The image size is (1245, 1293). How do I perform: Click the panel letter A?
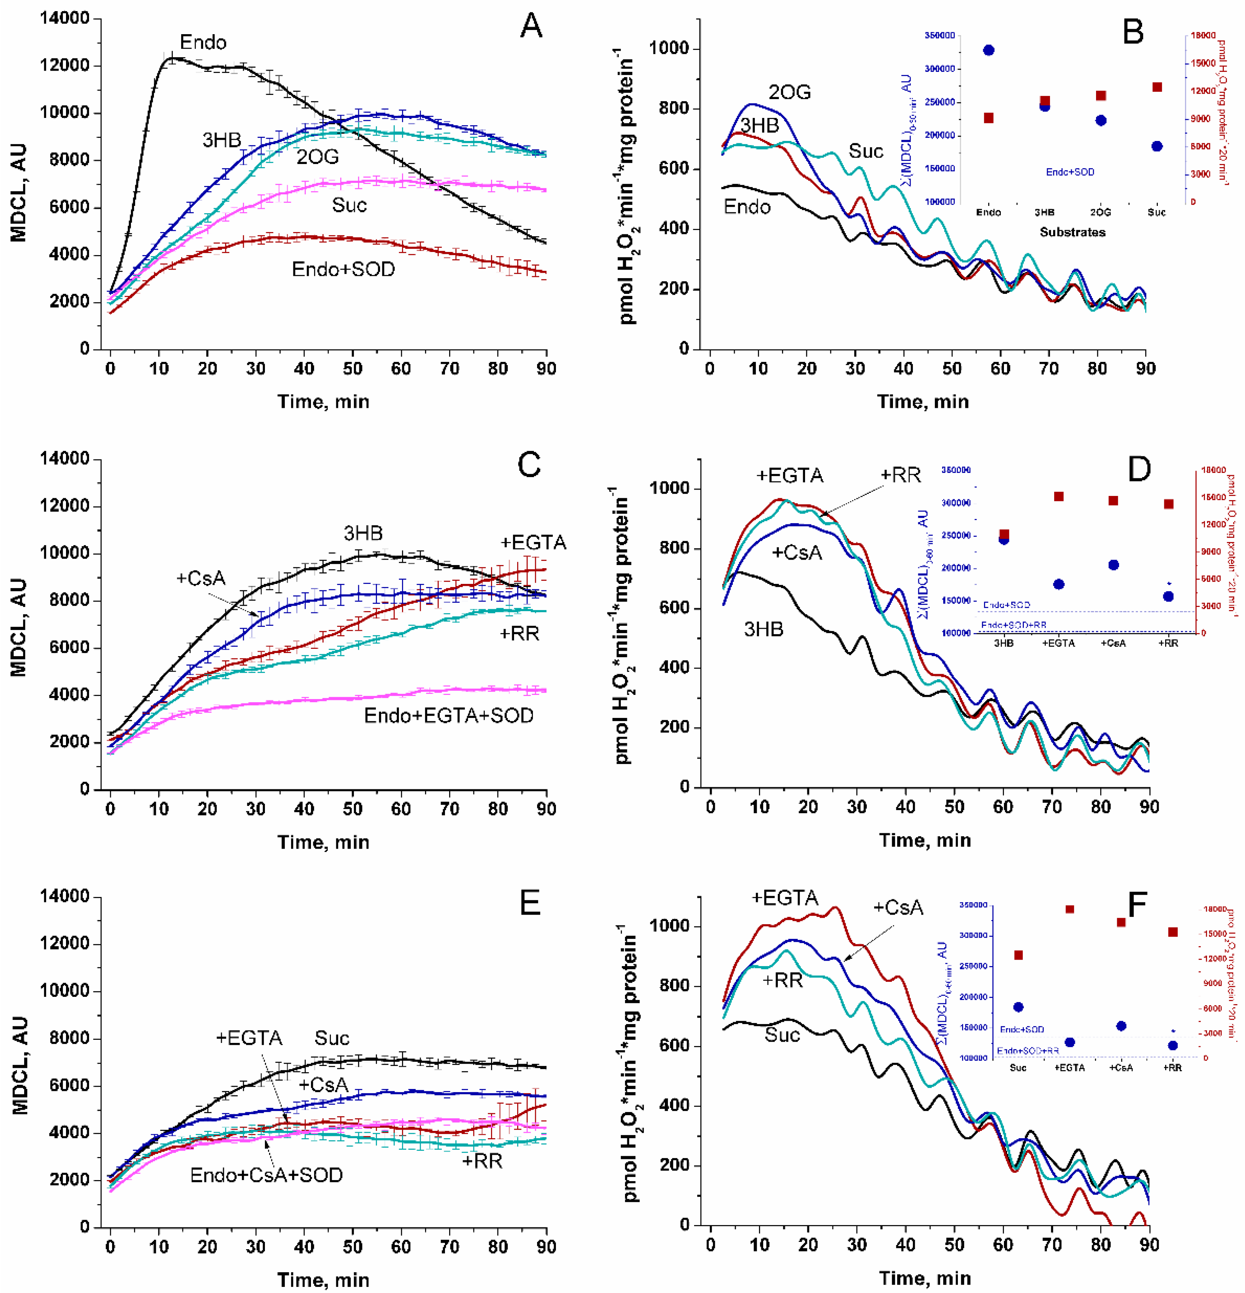click(x=531, y=27)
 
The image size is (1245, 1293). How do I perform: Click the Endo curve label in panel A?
click(x=203, y=43)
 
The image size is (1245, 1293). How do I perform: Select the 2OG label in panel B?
click(x=789, y=92)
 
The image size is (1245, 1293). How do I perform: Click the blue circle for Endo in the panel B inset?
click(x=989, y=50)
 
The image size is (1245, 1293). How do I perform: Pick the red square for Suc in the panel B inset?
click(x=1157, y=87)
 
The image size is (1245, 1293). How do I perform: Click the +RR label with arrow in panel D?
click(x=900, y=475)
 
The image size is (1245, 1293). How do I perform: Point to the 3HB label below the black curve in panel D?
click(x=764, y=629)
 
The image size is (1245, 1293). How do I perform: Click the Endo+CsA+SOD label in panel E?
click(x=266, y=1175)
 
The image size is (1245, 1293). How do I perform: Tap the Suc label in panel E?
click(x=332, y=1038)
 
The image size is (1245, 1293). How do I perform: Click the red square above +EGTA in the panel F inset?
click(x=1070, y=910)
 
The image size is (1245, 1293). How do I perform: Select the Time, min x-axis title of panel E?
click(x=323, y=1280)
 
